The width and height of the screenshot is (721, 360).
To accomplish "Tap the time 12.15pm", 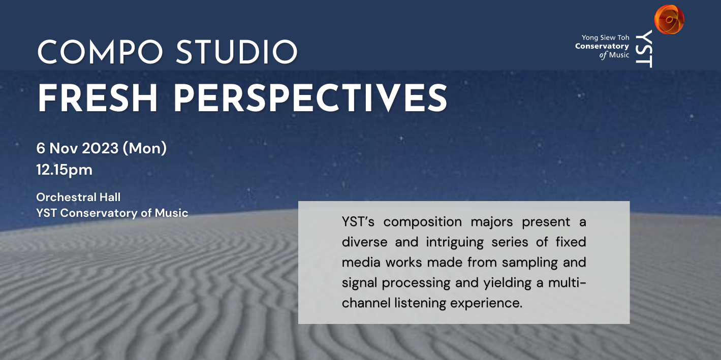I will click(x=65, y=170).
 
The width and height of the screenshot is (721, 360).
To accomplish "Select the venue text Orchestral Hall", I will click(x=78, y=197).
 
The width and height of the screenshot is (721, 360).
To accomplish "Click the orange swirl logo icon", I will click(x=669, y=19).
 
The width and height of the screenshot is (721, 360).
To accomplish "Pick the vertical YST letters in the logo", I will click(x=644, y=48).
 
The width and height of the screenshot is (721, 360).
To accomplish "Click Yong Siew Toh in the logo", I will click(x=605, y=38).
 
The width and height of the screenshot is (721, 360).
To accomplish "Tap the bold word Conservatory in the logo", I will click(x=602, y=46).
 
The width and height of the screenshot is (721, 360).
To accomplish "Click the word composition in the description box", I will click(x=423, y=222).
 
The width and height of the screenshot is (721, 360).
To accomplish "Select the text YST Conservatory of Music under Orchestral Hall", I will click(x=112, y=213).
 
